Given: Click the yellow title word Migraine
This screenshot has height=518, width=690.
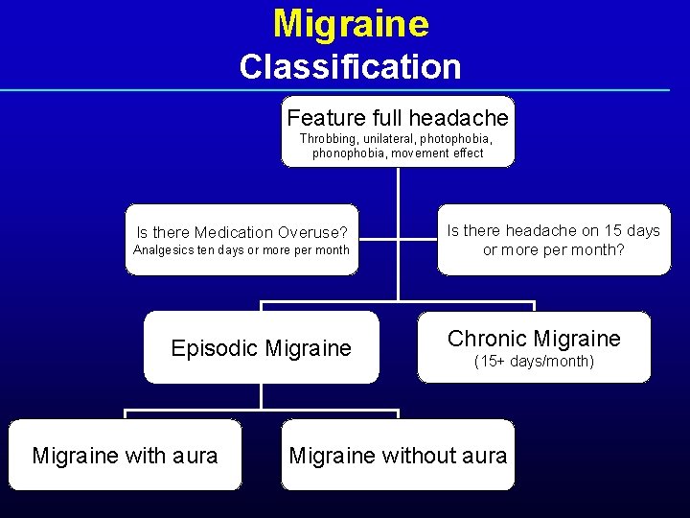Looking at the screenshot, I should tap(350, 24).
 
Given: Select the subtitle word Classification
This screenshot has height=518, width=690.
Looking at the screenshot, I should tap(350, 67).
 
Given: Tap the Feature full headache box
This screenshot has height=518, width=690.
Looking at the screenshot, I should tap(398, 131).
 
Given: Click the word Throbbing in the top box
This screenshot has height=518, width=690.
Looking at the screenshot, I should tap(327, 138).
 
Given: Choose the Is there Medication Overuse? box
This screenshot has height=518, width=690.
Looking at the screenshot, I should tap(241, 240).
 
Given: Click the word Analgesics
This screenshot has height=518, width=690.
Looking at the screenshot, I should tap(163, 251).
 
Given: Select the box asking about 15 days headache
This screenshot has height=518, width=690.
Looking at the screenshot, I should tap(554, 240).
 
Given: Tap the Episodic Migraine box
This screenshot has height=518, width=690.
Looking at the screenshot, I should tap(261, 348).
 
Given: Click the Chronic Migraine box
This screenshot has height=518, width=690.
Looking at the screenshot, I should tap(534, 347).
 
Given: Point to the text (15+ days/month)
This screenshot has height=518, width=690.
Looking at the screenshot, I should tap(534, 362).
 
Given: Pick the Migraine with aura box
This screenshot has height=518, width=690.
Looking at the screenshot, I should tap(125, 456).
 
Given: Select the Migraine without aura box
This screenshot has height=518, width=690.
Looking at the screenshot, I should tap(398, 456).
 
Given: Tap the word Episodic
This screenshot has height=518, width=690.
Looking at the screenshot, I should tap(210, 348).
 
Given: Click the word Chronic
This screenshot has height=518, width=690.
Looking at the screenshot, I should tap(486, 339).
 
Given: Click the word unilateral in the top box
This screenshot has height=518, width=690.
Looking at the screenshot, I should tap(389, 138).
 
